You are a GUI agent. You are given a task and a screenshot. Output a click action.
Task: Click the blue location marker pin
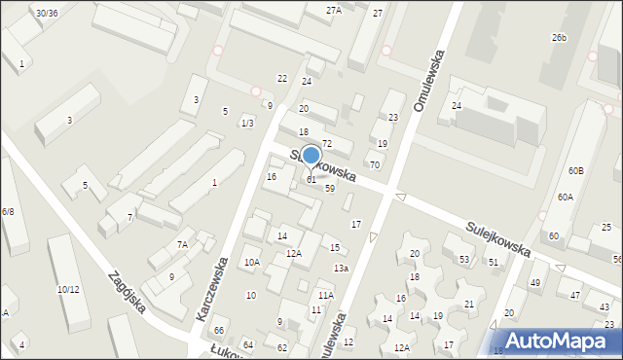(x=311, y=156)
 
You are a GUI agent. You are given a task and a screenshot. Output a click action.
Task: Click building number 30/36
(x=46, y=13)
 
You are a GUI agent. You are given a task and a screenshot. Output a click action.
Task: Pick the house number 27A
(x=334, y=10)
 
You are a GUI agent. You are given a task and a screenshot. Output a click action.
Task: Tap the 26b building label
(x=558, y=37)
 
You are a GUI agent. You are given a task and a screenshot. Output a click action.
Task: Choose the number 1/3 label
(x=247, y=123)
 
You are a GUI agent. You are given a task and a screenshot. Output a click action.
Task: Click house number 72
(x=328, y=144)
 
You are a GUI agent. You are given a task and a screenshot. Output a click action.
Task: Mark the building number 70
(x=374, y=164)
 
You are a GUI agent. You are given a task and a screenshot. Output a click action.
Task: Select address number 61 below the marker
(x=311, y=179)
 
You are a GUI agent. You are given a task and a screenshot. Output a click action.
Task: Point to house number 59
(x=330, y=188)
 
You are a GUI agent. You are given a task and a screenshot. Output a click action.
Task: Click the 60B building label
(x=575, y=171)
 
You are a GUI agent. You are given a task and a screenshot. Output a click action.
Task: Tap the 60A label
(x=566, y=197)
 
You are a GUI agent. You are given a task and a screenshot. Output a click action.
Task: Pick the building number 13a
(x=341, y=269)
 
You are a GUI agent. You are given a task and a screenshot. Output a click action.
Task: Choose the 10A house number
(x=251, y=262)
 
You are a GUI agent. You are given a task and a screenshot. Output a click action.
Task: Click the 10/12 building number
(x=68, y=289)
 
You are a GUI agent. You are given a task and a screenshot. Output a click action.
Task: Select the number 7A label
(x=182, y=245)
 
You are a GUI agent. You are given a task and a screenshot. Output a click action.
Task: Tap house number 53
(x=464, y=259)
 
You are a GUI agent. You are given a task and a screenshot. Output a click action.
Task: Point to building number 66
(x=219, y=332)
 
